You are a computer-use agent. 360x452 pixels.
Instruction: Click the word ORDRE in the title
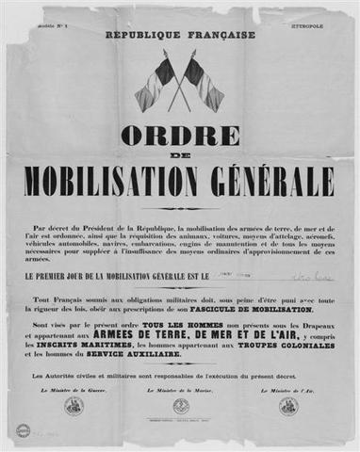pos(179,135)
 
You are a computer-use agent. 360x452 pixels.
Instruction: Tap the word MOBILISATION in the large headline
pos(123,179)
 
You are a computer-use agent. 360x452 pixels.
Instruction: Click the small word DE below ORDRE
pos(179,155)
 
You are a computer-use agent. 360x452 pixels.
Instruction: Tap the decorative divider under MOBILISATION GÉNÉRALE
pos(179,208)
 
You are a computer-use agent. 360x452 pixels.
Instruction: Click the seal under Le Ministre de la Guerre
pos(74,406)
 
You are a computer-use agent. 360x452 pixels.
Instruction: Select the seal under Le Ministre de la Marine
pos(181,406)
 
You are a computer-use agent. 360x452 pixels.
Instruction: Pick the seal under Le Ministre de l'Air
pos(288,406)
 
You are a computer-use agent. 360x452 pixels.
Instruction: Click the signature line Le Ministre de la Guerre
pos(74,389)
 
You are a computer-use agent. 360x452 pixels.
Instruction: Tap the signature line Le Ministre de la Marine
pos(180,389)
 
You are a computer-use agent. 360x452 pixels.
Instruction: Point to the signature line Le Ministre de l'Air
pos(287,389)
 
